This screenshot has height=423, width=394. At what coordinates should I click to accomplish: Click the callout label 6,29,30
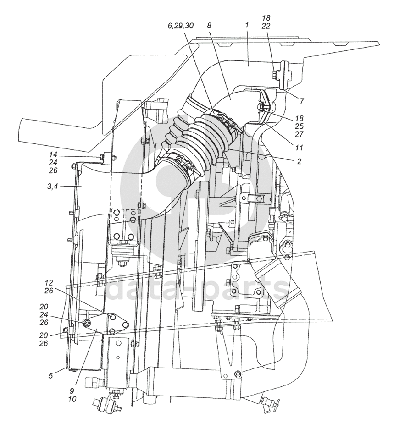(180, 26)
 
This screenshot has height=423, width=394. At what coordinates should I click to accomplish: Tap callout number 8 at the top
(209, 26)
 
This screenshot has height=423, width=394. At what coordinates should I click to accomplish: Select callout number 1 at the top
(247, 26)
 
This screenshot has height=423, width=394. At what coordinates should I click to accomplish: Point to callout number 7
(302, 101)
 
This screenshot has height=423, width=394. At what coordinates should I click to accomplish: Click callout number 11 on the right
(299, 148)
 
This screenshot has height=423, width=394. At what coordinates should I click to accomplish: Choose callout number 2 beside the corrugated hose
(299, 161)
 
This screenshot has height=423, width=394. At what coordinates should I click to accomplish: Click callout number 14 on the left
(53, 154)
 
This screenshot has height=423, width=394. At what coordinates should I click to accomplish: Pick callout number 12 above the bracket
(50, 283)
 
